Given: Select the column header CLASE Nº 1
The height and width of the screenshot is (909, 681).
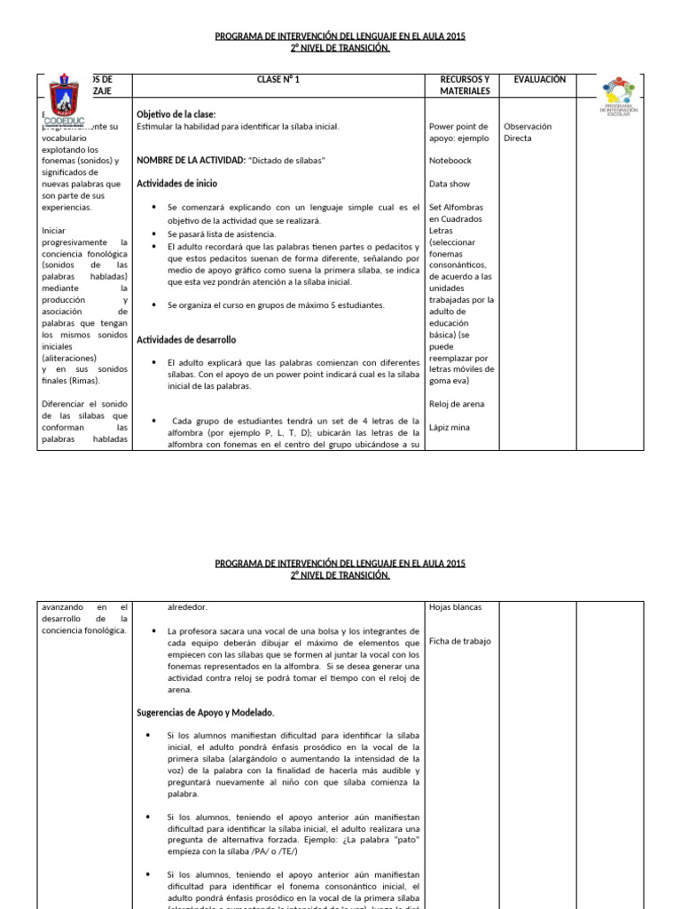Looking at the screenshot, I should tap(278, 80).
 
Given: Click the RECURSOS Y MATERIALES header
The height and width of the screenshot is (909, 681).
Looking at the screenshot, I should tap(464, 85).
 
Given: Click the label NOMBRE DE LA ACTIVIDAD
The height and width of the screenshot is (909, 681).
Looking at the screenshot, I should tap(190, 161).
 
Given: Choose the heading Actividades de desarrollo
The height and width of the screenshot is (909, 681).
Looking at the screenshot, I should tap(186, 340).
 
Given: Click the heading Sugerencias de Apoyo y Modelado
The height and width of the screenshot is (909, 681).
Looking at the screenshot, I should tap(206, 713).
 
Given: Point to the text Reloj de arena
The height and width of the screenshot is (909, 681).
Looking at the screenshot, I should tap(456, 404).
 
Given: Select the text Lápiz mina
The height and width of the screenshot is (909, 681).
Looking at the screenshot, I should tap(450, 427).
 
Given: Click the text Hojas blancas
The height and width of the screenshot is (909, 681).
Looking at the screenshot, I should tap(455, 607).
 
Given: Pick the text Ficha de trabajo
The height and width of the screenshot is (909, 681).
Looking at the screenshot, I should tap(459, 641).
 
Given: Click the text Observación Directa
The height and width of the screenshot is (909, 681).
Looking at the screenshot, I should tap(527, 132).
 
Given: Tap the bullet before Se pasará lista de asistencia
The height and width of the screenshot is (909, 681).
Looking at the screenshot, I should tap(155, 233).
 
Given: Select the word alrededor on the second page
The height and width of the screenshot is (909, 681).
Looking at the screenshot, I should tap(187, 607).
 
